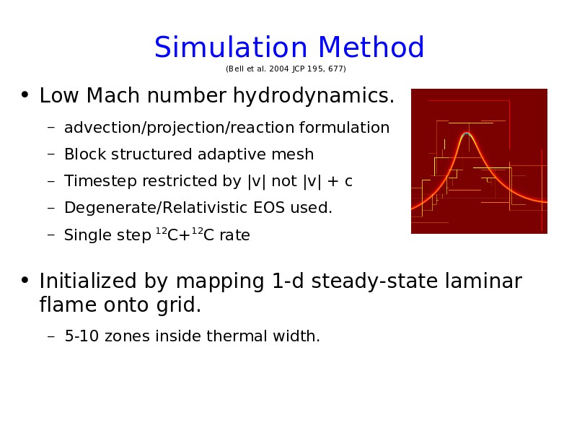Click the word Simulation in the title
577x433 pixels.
point(231,47)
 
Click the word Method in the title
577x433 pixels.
point(371,47)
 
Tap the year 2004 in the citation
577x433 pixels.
point(279,69)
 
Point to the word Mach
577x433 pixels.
point(113,95)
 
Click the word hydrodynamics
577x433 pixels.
point(314,97)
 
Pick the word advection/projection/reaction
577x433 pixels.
point(180,128)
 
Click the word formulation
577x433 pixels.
point(345,128)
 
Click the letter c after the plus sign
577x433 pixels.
point(348,182)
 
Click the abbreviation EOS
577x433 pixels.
point(269,208)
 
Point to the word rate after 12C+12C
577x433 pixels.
point(235,235)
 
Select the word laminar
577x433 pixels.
point(483,281)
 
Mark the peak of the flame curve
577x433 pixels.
point(467,134)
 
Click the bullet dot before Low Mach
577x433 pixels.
point(25,95)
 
